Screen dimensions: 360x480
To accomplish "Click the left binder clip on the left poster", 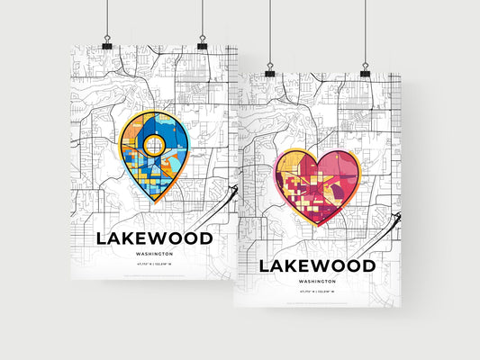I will pyautogui.click(x=106, y=43).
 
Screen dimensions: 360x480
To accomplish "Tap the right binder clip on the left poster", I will pyautogui.click(x=201, y=43).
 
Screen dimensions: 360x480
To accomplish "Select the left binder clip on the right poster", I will pyautogui.click(x=269, y=70).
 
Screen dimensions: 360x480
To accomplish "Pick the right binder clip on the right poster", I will pyautogui.click(x=365, y=70).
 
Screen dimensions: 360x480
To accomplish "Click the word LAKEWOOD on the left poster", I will pyautogui.click(x=154, y=238).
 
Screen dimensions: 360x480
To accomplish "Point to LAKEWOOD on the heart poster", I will pyautogui.click(x=316, y=265).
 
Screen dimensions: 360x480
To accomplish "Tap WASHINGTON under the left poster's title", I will pyautogui.click(x=154, y=255).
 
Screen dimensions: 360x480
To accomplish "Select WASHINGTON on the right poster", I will pyautogui.click(x=316, y=282).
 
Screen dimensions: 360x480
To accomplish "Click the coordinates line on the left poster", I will pyautogui.click(x=154, y=265).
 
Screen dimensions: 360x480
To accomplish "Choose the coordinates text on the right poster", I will pyautogui.click(x=316, y=292).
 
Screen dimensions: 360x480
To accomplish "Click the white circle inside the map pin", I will pyautogui.click(x=154, y=144).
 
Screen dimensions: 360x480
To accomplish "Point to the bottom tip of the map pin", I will pyautogui.click(x=154, y=203).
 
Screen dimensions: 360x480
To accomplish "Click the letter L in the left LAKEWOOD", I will pyautogui.click(x=101, y=238).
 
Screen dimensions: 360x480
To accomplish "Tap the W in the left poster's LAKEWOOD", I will pyautogui.click(x=158, y=238).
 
